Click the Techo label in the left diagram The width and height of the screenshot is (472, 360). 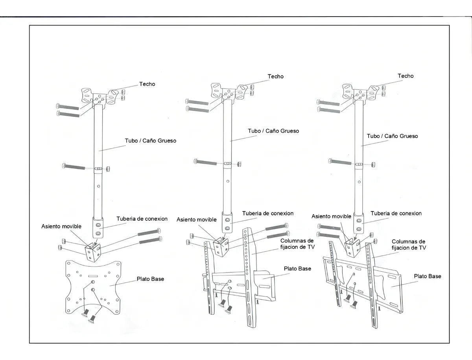click(x=147, y=84)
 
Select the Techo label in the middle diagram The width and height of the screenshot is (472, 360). click(x=275, y=76)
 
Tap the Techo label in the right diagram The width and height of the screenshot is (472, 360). click(x=406, y=76)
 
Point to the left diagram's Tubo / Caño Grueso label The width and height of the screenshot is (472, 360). click(x=151, y=140)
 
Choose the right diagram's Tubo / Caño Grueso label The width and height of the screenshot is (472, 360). click(x=392, y=136)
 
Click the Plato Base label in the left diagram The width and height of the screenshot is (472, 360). click(x=150, y=279)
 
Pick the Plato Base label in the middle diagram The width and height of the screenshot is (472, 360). click(x=297, y=268)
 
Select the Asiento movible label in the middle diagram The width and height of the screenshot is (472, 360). click(x=196, y=220)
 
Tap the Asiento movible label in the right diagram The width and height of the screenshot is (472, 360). click(x=331, y=216)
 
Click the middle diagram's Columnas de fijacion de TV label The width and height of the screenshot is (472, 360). click(x=297, y=244)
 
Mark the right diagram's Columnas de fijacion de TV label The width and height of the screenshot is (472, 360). click(x=408, y=244)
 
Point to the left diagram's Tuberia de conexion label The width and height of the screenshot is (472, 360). click(x=142, y=219)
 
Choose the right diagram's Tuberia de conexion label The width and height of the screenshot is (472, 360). click(x=396, y=213)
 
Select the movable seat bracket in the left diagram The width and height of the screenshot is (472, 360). click(x=93, y=251)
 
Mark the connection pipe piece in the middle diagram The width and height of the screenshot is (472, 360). click(x=227, y=223)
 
